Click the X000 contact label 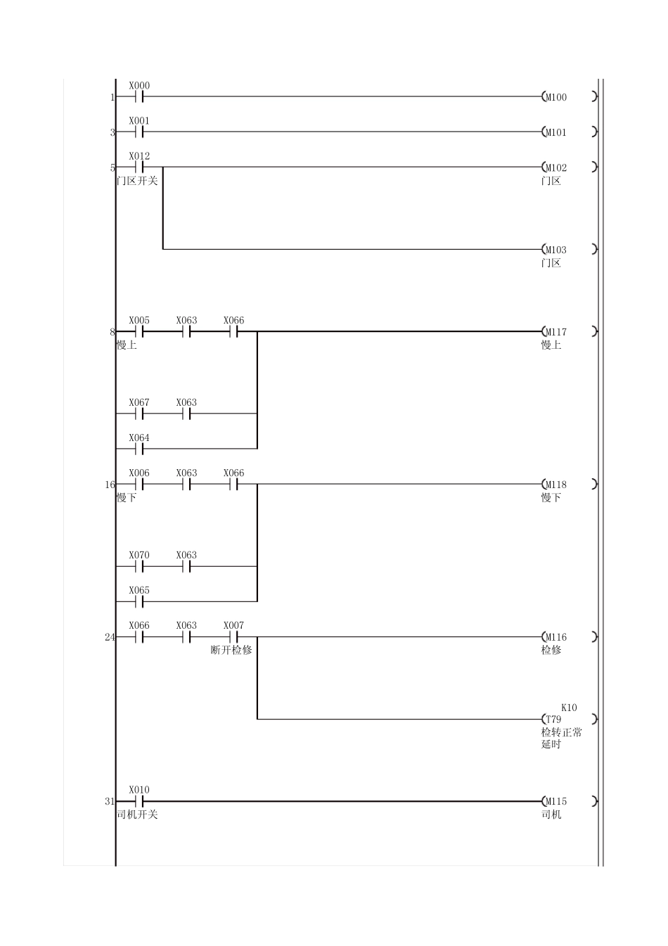pyautogui.click(x=139, y=86)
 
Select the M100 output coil pyautogui.click(x=570, y=97)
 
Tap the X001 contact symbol pyautogui.click(x=139, y=132)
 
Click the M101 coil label pyautogui.click(x=556, y=133)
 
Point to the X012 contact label pyautogui.click(x=139, y=156)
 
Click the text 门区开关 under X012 pyautogui.click(x=137, y=181)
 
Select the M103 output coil pyautogui.click(x=570, y=249)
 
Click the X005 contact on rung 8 pyautogui.click(x=139, y=331)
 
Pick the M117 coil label pyautogui.click(x=556, y=333)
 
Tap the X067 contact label pyautogui.click(x=139, y=402)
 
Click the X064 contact pyautogui.click(x=139, y=449)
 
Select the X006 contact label pyautogui.click(x=139, y=473)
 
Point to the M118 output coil pyautogui.click(x=570, y=484)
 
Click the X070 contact pyautogui.click(x=139, y=566)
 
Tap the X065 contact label pyautogui.click(x=139, y=590)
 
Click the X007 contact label pyautogui.click(x=233, y=625)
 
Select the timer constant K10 pyautogui.click(x=569, y=708)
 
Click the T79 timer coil pyautogui.click(x=570, y=719)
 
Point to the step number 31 pyautogui.click(x=110, y=802)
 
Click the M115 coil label pyautogui.click(x=556, y=802)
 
